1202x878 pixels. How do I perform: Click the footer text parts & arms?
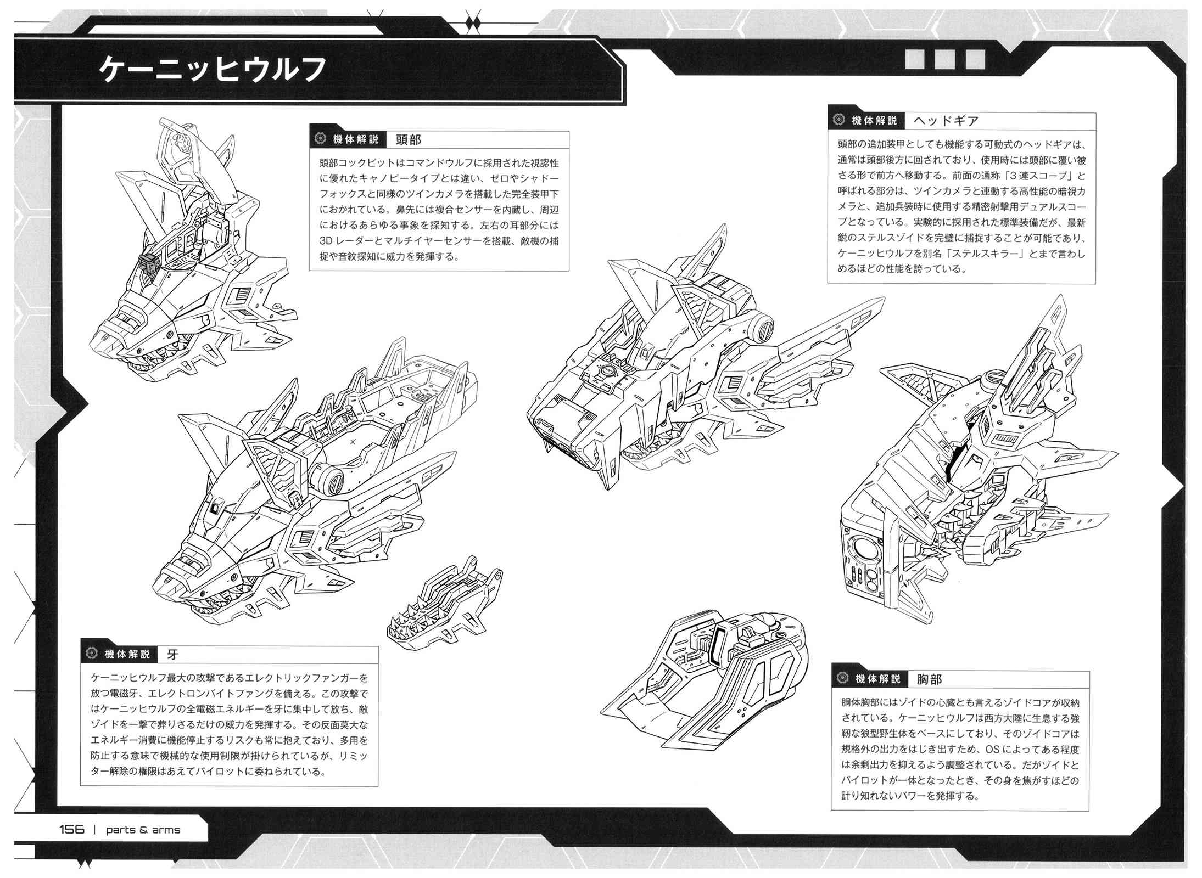pos(143,829)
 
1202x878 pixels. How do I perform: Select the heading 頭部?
pos(408,139)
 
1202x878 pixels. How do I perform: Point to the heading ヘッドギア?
pos(946,121)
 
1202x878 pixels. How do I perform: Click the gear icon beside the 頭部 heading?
pos(320,139)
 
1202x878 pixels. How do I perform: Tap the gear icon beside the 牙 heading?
pos(91,654)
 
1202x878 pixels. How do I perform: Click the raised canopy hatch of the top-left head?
pos(195,159)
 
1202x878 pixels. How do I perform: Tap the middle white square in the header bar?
pos(946,59)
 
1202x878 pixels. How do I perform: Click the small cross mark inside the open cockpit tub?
pos(353,441)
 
